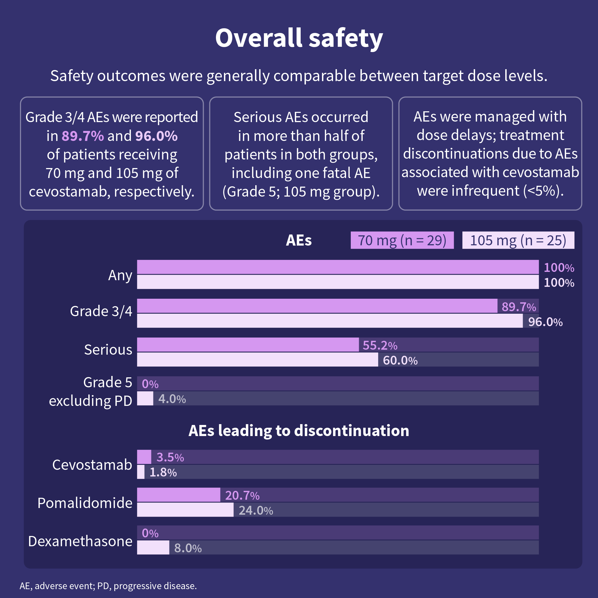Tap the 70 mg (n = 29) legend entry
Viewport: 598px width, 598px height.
pos(402,240)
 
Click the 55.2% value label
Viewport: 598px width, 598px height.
pos(380,345)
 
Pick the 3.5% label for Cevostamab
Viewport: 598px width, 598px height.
pos(170,457)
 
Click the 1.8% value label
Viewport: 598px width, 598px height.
pos(163,472)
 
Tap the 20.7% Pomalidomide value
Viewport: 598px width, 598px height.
pos(242,495)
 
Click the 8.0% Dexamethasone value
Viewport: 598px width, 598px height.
pos(188,548)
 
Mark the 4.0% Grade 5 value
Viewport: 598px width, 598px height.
pos(172,399)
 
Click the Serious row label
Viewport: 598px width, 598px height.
pos(108,350)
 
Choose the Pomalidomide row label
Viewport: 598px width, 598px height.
pos(85,503)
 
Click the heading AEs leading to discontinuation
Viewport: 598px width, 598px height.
pos(299,431)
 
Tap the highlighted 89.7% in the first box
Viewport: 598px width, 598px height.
pos(83,136)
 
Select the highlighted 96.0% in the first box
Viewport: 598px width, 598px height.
pos(156,136)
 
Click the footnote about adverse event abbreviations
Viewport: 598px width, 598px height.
pos(108,586)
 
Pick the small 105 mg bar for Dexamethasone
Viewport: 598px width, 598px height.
pos(153,548)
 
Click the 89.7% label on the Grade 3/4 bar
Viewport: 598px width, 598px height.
pos(519,307)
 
